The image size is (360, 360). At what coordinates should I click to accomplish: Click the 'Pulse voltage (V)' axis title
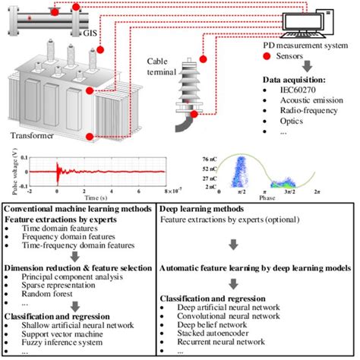click(x=9, y=172)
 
